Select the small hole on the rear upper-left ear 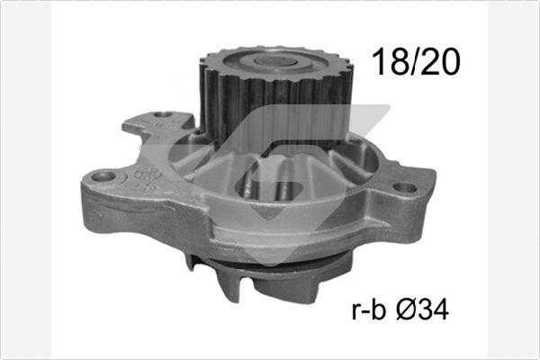(x=163, y=115)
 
